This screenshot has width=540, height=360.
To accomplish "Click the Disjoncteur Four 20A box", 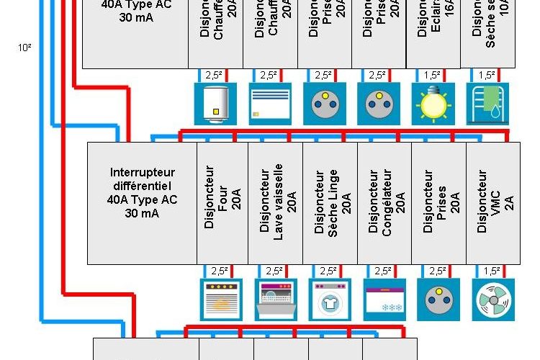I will point(222,203).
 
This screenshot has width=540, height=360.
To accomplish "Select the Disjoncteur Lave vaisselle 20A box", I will point(275,203).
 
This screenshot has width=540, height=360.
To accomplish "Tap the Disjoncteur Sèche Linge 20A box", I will point(330,203).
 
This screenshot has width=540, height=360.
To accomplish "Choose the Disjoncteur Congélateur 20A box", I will point(384,203).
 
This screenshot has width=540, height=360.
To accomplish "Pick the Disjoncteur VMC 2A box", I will point(493,203).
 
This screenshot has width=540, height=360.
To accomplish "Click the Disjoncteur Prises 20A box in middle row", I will point(438,203).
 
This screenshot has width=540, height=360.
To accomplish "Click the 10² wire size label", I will point(25,49).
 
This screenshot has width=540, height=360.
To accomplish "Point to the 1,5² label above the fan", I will point(492,271).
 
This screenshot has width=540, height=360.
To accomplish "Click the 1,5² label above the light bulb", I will point(432,75).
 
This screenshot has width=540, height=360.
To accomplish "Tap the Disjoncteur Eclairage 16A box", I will point(433,32).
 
